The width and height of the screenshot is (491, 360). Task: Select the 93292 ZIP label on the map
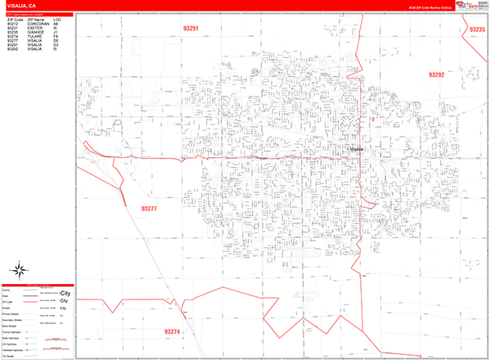click(436, 74)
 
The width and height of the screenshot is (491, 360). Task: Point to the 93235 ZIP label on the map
click(478, 29)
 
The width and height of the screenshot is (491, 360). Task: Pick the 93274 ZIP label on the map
click(172, 331)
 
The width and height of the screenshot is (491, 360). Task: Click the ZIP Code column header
click(15, 20)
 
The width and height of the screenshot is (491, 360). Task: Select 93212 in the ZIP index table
click(13, 25)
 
